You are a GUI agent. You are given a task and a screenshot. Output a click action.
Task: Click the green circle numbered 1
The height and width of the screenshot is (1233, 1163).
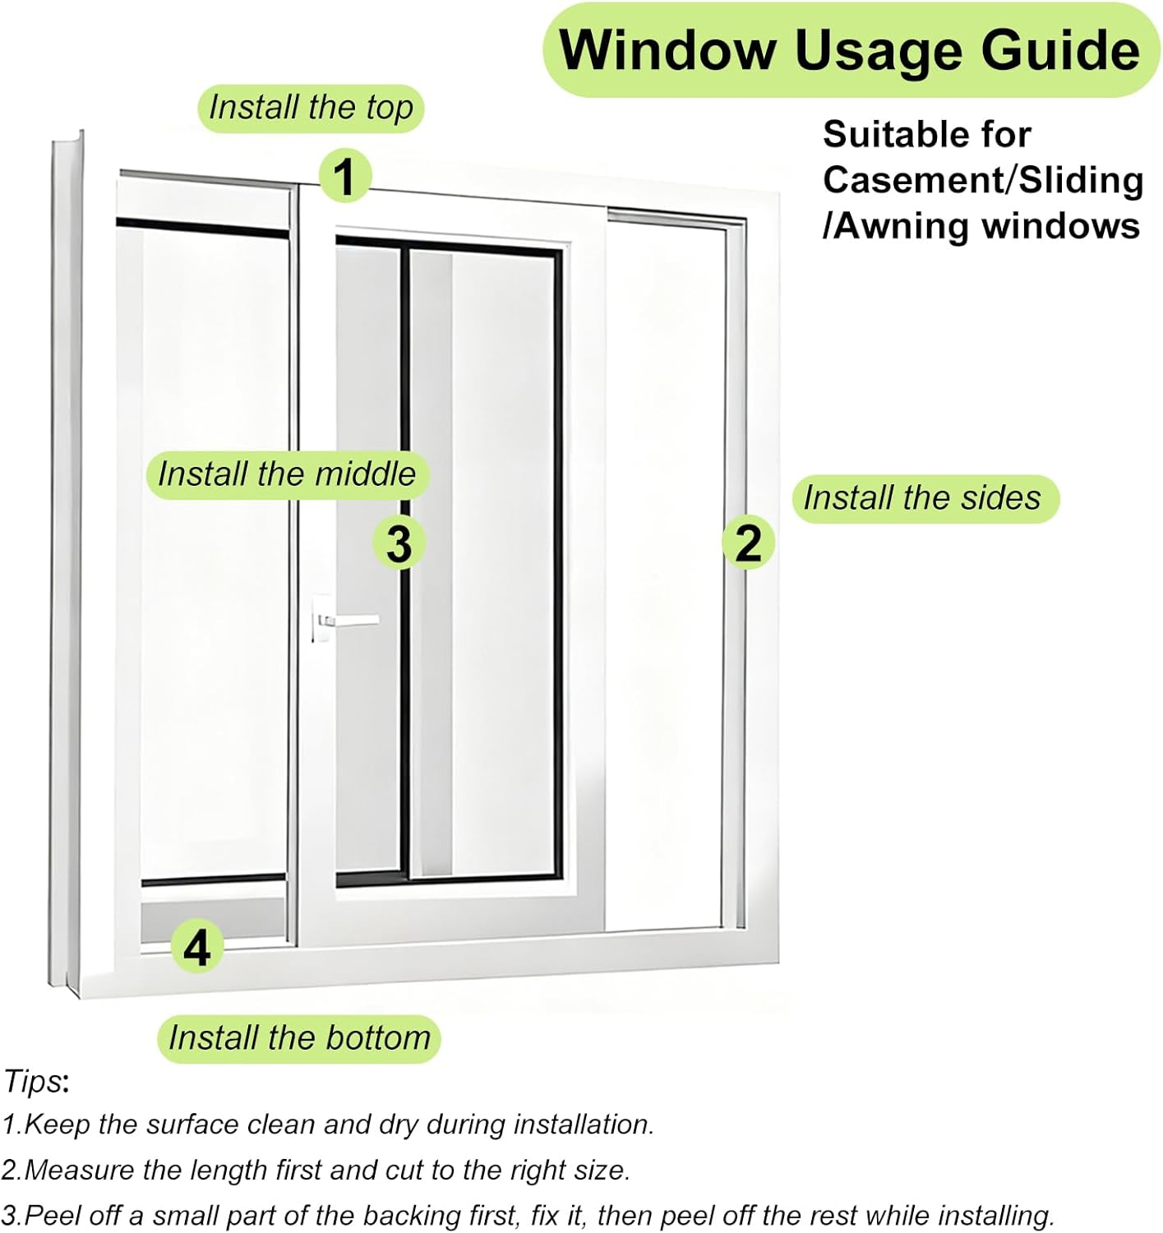click(344, 176)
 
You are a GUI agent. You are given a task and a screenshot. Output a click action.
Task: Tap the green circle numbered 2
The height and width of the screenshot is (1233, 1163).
click(748, 543)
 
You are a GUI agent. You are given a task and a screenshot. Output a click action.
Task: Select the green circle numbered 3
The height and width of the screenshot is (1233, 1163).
click(399, 543)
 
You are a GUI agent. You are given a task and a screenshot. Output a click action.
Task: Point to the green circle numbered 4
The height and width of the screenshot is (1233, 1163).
click(197, 947)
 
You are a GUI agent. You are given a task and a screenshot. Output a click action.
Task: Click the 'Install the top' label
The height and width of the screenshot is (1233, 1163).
click(311, 108)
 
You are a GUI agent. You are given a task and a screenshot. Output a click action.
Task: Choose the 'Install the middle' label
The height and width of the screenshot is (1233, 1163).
click(287, 474)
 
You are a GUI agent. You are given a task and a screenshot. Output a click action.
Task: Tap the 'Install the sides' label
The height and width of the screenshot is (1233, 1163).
click(925, 498)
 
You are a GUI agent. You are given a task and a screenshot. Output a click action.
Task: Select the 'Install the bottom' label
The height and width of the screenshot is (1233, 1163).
click(299, 1038)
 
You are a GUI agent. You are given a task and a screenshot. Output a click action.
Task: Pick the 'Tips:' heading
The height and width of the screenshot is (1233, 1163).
click(36, 1081)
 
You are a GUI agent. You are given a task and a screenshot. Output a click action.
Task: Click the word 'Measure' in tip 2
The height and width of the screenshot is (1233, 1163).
click(78, 1170)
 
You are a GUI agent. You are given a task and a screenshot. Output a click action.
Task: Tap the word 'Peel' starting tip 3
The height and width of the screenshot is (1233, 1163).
click(48, 1216)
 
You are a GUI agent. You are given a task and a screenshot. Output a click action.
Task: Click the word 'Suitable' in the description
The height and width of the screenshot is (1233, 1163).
click(888, 134)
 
